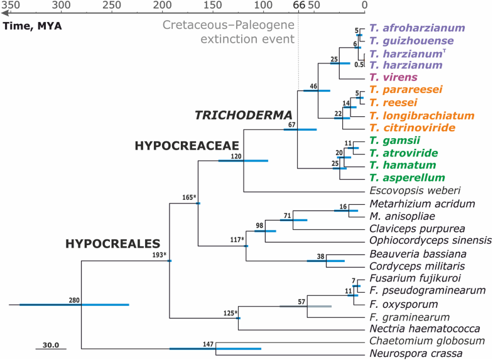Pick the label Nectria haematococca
pyautogui.click(x=425, y=329)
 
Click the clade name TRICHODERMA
pyautogui.click(x=244, y=115)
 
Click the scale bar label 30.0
pyautogui.click(x=50, y=344)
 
